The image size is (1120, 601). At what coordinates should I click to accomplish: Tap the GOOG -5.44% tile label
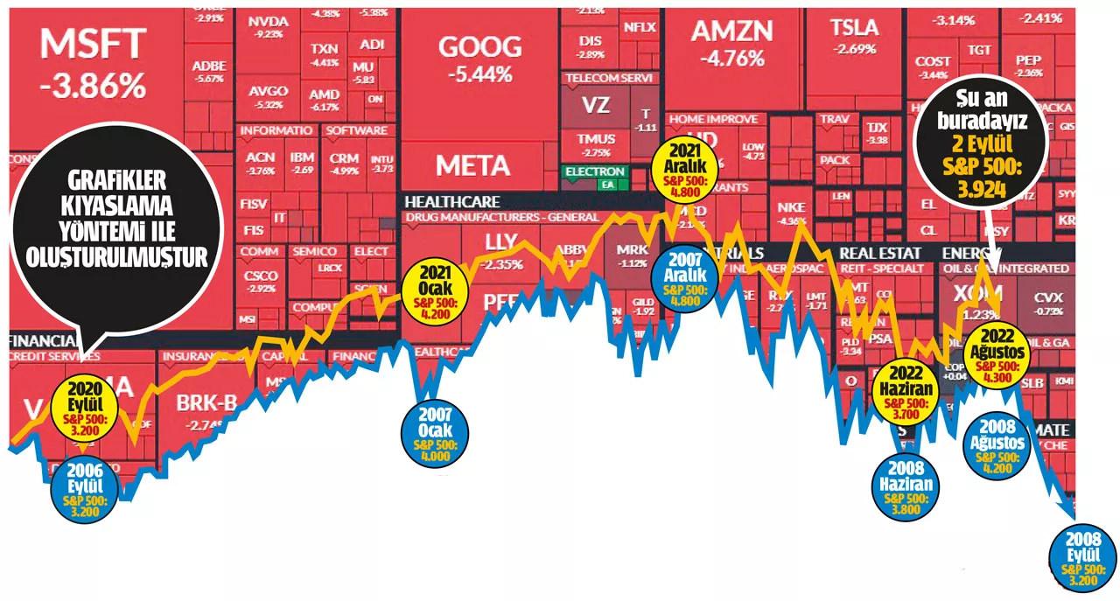[479, 48]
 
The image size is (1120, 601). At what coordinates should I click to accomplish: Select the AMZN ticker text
[731, 31]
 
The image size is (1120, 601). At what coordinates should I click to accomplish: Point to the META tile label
[472, 164]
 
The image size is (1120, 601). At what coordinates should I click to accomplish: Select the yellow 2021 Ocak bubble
[435, 289]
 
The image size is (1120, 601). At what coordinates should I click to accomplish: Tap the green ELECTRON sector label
[595, 171]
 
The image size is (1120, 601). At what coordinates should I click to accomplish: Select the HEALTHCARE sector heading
[451, 201]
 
